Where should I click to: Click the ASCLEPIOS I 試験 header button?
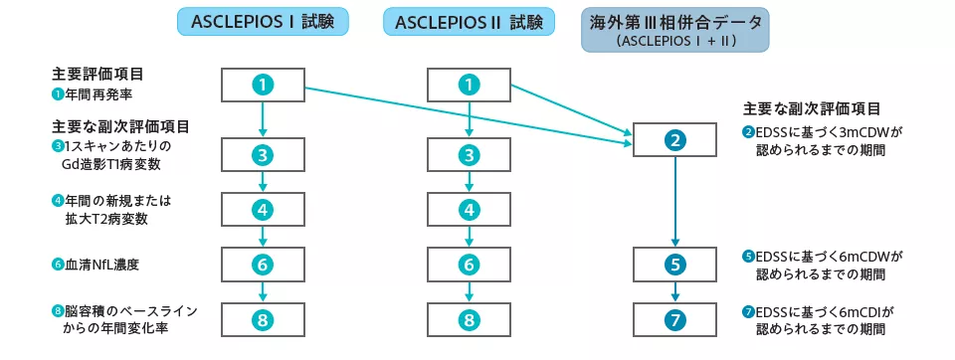(263, 22)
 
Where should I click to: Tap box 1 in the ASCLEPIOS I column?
(263, 85)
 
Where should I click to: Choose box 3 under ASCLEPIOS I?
(263, 154)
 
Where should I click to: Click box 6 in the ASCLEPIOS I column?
(263, 265)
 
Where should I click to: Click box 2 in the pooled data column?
(675, 140)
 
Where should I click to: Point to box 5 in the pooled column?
(675, 265)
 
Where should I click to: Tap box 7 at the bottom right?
(675, 319)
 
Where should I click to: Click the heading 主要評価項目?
(96, 74)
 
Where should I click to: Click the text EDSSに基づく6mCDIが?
(826, 311)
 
